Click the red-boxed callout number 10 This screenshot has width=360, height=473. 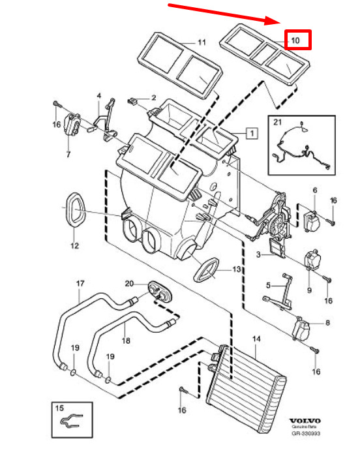[295, 40]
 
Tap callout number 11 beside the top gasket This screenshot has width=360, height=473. [202, 42]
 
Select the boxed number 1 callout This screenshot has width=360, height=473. [252, 133]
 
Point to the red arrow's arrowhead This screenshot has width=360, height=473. [273, 21]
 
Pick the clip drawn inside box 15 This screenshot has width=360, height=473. [71, 420]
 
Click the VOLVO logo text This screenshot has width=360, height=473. [305, 421]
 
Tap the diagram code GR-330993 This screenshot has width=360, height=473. [305, 433]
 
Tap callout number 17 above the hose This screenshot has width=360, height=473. [80, 284]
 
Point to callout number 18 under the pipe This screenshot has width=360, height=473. [126, 341]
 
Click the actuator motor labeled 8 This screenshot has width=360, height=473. [301, 329]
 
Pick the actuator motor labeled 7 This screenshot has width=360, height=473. [72, 124]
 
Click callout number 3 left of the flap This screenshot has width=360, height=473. [258, 254]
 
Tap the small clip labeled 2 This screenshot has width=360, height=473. [132, 101]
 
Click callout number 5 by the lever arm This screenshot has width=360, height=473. [268, 285]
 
